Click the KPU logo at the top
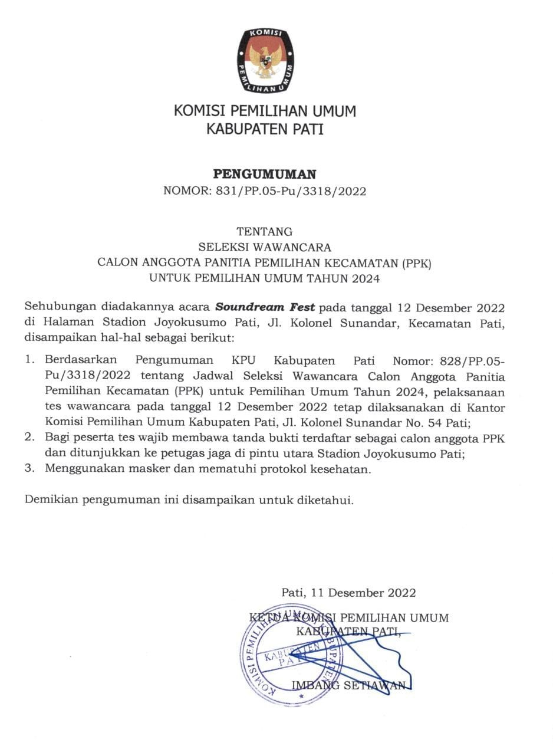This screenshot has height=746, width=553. click(265, 60)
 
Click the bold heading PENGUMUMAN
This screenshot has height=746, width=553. click(264, 174)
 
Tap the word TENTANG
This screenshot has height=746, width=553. click(264, 232)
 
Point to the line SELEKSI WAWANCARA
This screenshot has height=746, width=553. click(264, 247)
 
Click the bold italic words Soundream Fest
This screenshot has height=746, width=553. click(265, 307)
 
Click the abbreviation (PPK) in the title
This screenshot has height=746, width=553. click(417, 263)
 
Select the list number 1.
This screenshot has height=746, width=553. click(29, 360)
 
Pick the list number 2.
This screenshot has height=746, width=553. click(29, 438)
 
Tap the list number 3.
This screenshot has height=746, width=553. click(29, 469)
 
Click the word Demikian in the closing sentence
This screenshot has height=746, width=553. click(51, 500)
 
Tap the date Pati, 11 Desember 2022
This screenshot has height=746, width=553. click(348, 593)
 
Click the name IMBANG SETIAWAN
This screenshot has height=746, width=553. click(348, 685)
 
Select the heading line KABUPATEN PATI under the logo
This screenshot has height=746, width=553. click(265, 129)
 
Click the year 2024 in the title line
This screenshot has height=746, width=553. click(366, 278)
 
